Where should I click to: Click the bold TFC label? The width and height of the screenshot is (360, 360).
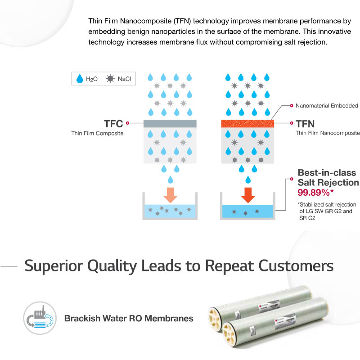[x=113, y=122]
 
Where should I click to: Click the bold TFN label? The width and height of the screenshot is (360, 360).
[x=306, y=122]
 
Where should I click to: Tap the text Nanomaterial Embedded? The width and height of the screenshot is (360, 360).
[x=327, y=106]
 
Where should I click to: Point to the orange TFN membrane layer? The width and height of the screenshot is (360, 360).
[x=247, y=123]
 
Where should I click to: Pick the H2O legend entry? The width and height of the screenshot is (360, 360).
[x=88, y=79]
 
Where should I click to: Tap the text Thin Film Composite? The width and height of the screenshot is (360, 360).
[x=97, y=133]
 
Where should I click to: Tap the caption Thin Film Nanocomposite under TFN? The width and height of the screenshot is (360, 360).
[x=327, y=133]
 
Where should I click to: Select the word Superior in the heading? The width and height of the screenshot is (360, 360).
[x=51, y=265]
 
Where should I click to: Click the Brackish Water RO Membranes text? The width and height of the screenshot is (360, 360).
[x=129, y=319]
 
